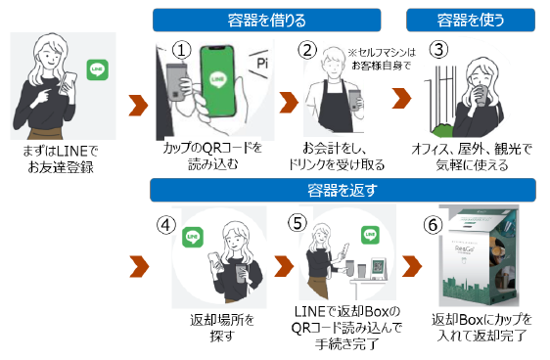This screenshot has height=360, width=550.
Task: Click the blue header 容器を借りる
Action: [266, 21]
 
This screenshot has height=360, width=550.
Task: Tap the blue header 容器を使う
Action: [471, 21]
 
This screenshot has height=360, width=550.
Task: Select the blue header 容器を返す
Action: [343, 190]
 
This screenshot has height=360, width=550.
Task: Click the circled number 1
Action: [181, 50]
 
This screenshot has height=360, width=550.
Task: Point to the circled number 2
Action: [307, 50]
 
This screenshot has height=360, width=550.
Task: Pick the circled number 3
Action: [438, 50]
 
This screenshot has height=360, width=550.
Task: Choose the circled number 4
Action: [166, 225]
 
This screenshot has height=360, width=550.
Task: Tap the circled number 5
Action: [298, 223]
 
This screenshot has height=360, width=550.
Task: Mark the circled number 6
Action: [433, 225]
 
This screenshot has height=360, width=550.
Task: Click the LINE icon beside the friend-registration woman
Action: [98, 70]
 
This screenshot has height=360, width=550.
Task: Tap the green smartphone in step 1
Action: [217, 81]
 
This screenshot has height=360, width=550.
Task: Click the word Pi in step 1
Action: [262, 64]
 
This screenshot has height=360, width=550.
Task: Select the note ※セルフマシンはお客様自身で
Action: [382, 59]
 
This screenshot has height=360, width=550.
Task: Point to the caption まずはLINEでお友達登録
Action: [61, 158]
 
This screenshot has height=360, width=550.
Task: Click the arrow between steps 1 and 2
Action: [289, 103]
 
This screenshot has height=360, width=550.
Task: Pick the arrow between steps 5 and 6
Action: [412, 266]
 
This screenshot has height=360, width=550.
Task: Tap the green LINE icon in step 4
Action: [193, 238]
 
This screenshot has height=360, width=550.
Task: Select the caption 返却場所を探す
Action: [222, 328]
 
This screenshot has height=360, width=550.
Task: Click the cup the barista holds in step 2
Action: [354, 100]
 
